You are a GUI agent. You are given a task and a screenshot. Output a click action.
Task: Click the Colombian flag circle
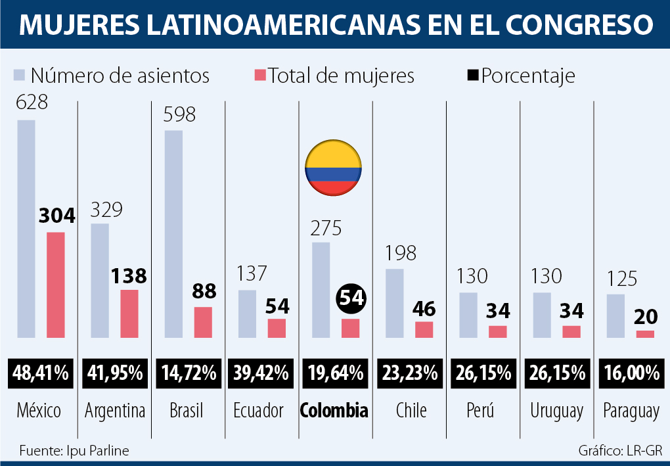(x=332, y=167)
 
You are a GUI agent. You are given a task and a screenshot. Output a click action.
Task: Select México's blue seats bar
(x=26, y=228)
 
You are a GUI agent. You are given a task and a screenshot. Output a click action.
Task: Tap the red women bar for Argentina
(x=129, y=314)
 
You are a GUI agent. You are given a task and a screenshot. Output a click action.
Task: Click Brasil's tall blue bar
(x=173, y=233)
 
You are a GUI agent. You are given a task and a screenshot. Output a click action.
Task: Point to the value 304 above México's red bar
(x=56, y=216)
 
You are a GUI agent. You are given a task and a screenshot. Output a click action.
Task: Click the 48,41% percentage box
(x=41, y=373)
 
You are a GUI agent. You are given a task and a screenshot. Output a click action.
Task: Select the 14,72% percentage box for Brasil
(x=188, y=373)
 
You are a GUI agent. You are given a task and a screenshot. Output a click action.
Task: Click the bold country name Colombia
(x=334, y=411)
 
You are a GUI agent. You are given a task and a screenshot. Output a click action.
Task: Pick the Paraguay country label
(x=631, y=411)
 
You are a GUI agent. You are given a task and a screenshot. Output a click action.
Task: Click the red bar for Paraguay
(x=645, y=334)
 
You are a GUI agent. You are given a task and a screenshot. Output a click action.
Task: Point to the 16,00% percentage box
(x=631, y=373)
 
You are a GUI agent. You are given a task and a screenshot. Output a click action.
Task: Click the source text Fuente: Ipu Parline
(x=74, y=451)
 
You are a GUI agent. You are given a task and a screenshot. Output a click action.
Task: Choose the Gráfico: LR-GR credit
(x=619, y=451)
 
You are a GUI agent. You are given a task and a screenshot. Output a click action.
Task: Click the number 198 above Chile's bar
(x=401, y=254)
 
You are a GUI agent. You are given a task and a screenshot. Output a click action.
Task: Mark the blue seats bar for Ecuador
(x=247, y=314)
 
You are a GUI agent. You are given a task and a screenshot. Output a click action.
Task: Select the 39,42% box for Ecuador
(x=261, y=373)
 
